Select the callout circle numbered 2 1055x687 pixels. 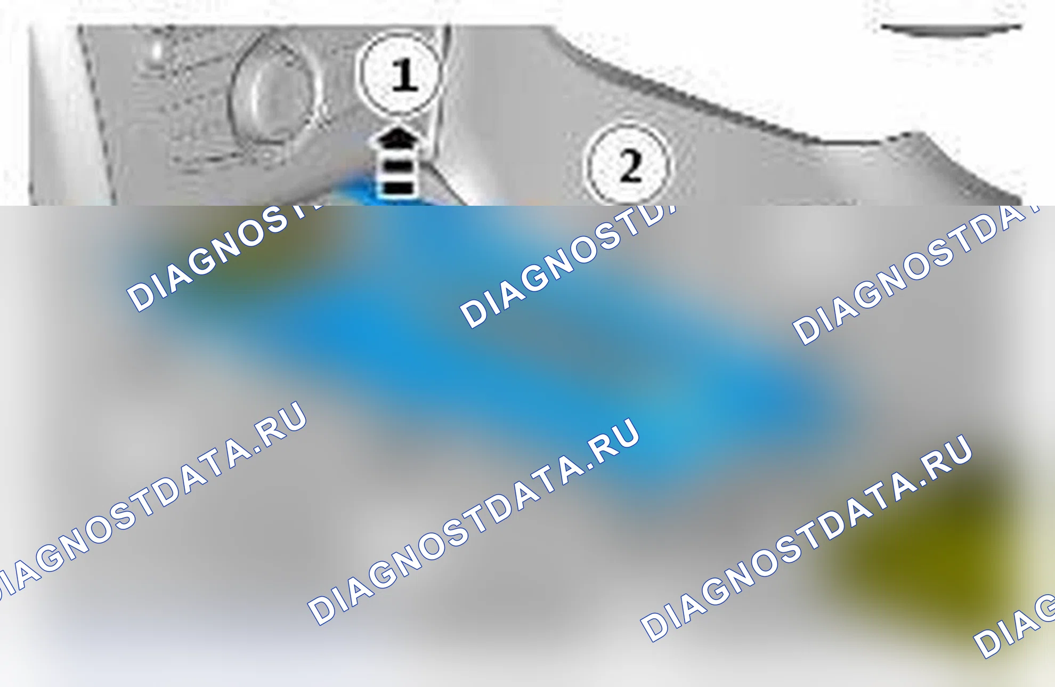[628, 166]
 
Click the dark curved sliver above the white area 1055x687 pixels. [951, 30]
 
